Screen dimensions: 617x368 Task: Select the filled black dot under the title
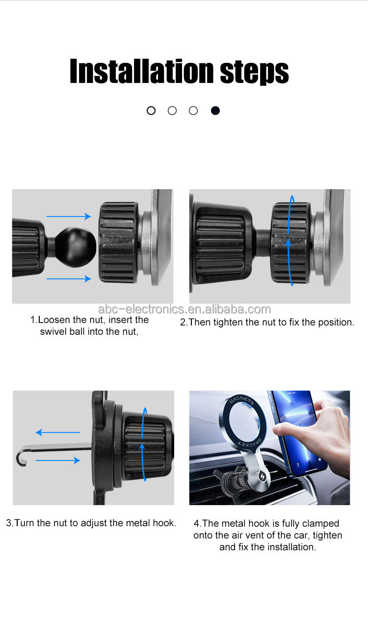tap(215, 110)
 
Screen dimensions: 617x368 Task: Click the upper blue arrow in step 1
tap(69, 216)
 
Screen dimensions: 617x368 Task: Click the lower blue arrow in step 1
tap(69, 279)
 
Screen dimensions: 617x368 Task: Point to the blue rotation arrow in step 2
tap(291, 241)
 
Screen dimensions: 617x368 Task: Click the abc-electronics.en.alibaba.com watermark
tap(184, 309)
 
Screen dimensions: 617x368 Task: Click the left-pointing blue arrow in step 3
tap(58, 432)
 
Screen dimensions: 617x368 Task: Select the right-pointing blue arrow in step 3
tap(58, 460)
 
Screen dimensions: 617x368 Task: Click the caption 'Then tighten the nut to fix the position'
tap(266, 322)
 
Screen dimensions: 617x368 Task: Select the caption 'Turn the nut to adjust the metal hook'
tap(91, 523)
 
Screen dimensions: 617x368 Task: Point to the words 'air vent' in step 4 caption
tap(252, 535)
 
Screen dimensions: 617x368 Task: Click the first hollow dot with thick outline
tap(151, 110)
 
